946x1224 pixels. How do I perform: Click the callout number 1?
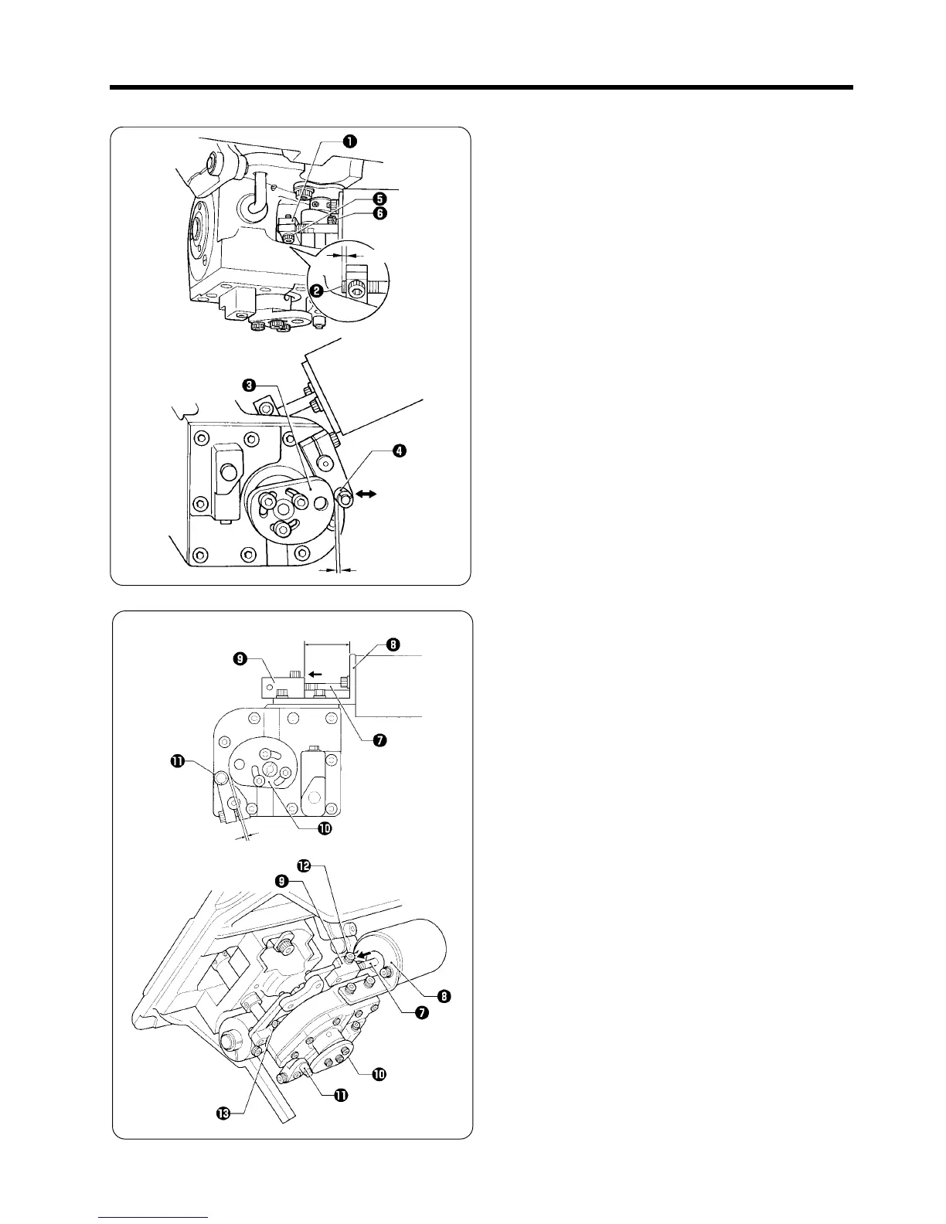click(x=350, y=141)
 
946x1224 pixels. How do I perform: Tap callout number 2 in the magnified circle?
click(x=316, y=291)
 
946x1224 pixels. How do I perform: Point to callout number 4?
click(x=399, y=450)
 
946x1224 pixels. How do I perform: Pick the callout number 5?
click(x=380, y=198)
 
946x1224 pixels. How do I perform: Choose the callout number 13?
click(x=224, y=1113)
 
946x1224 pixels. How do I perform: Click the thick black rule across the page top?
click(x=481, y=87)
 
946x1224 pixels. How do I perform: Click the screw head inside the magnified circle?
click(x=357, y=288)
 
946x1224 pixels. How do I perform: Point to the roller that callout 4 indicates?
click(x=345, y=500)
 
